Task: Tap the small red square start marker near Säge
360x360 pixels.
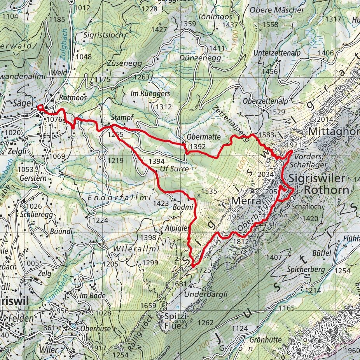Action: [x=40, y=107]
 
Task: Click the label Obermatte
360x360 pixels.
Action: [x=203, y=137]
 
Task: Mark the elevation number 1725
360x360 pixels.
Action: [x=203, y=269]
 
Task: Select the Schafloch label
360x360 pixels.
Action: [x=307, y=206]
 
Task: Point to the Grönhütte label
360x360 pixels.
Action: [x=266, y=339]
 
